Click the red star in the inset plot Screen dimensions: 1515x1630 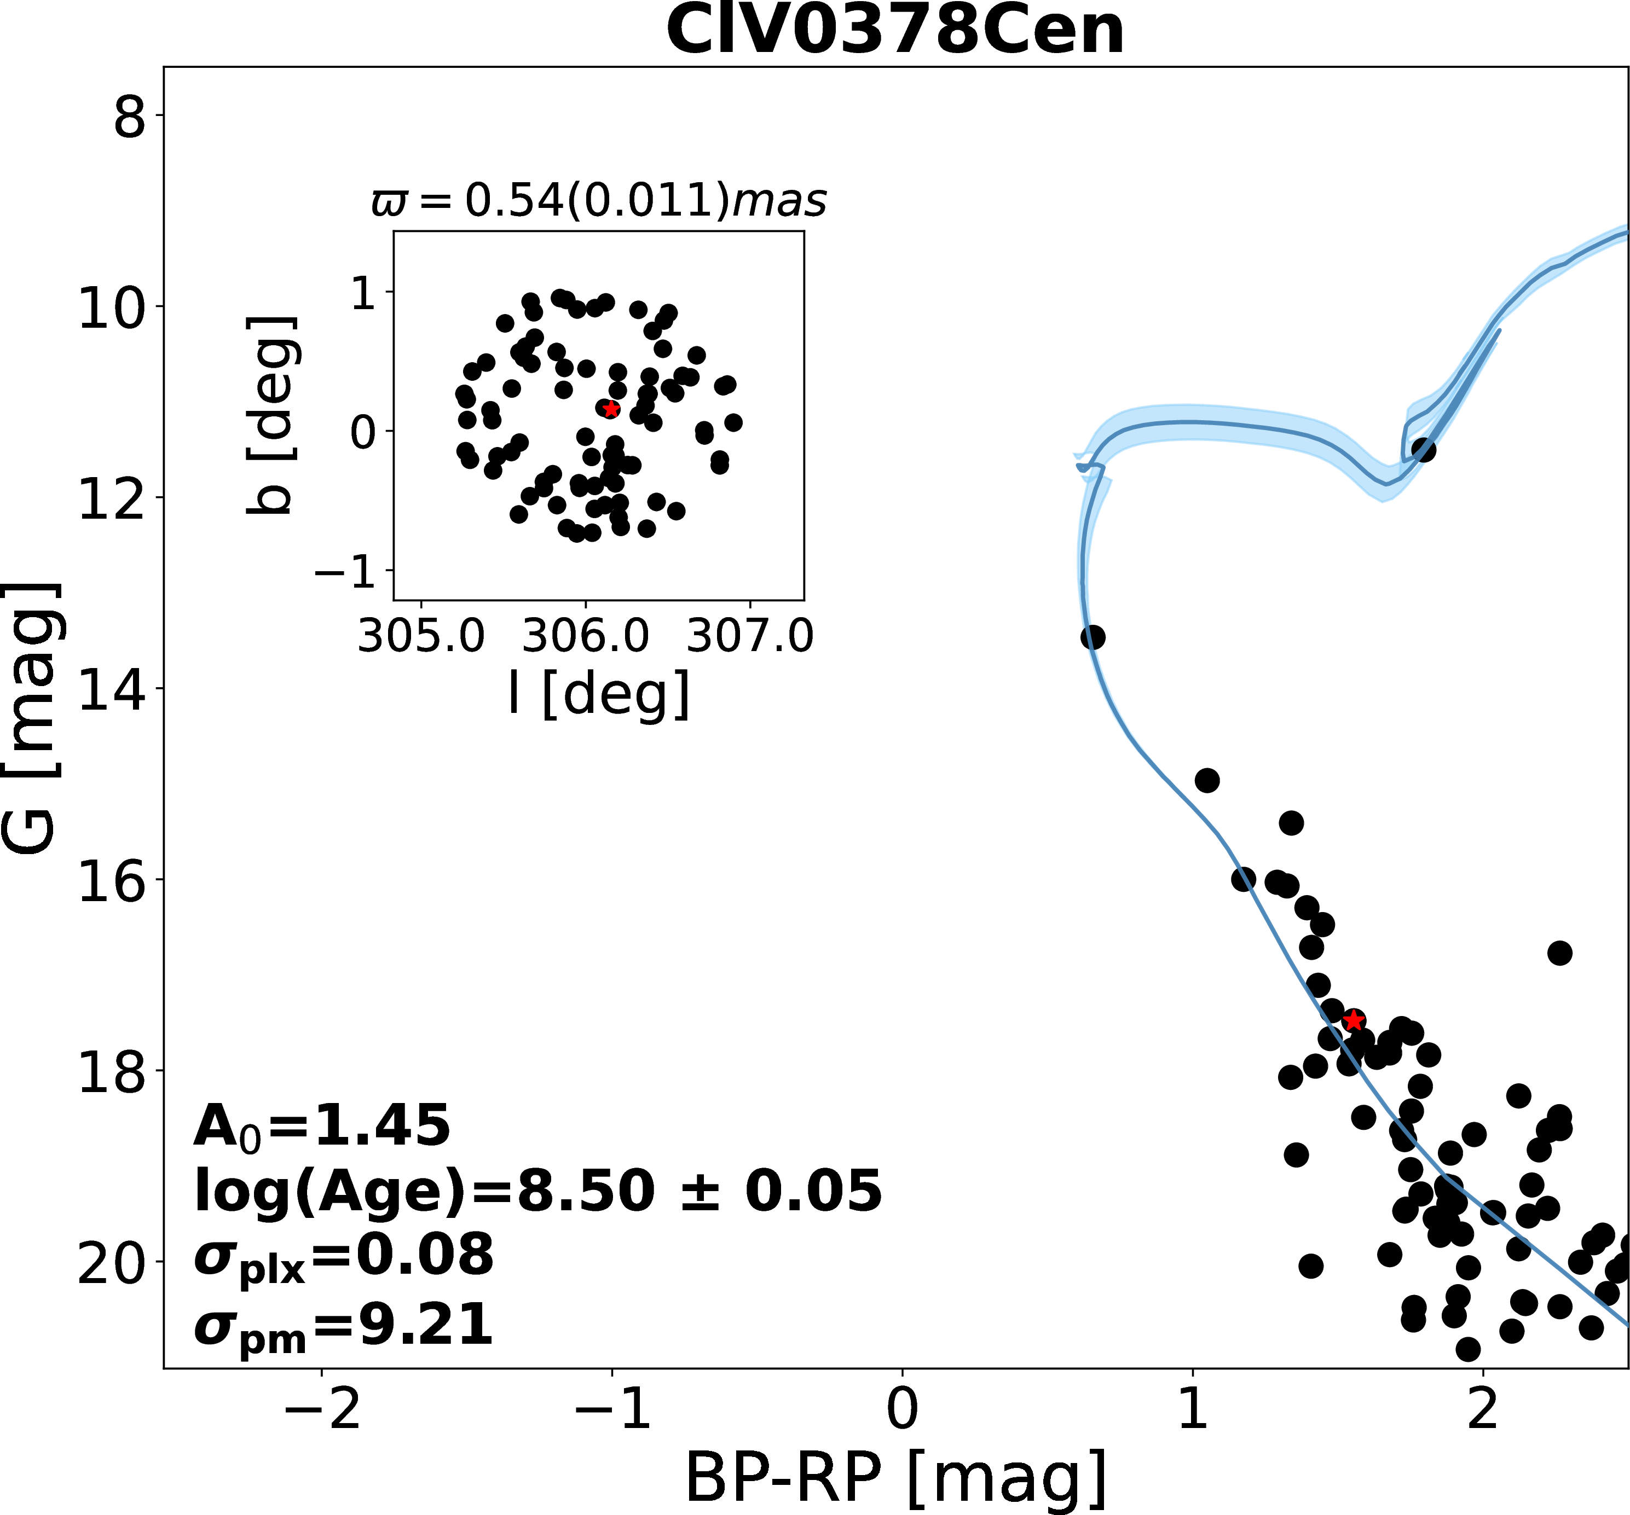(x=611, y=409)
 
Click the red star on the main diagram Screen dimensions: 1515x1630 (x=1354, y=1020)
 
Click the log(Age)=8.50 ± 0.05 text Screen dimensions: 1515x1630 (x=537, y=1191)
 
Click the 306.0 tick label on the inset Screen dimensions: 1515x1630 (x=586, y=636)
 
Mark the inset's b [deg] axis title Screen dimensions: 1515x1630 (x=270, y=415)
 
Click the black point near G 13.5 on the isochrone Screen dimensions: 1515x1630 (x=1092, y=637)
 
